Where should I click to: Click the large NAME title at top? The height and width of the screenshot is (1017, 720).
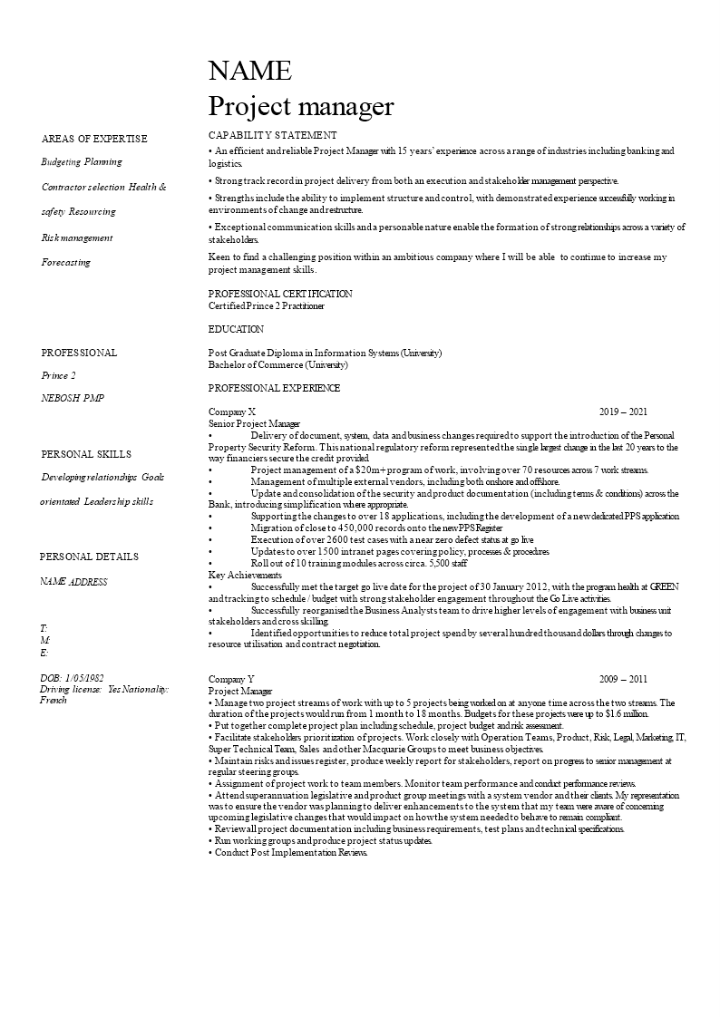pos(250,71)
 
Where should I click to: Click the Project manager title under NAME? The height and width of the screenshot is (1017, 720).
pos(301,107)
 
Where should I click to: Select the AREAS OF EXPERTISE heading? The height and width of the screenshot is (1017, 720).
pos(94,139)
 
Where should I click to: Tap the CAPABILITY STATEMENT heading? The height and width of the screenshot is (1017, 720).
pos(273,135)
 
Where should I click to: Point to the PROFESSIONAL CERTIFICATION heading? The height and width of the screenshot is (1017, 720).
pos(280,294)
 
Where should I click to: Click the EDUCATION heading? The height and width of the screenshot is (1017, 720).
pos(236,329)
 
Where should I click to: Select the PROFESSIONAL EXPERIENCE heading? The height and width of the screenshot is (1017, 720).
pos(274,388)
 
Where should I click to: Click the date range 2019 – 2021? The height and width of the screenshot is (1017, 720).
pos(623,412)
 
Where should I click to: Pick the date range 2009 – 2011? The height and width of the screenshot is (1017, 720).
pos(623,679)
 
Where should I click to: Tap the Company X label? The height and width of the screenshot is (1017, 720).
pos(232,412)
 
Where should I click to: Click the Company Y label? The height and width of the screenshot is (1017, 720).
pos(232,679)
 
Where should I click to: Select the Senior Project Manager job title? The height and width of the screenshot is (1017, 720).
pos(254,423)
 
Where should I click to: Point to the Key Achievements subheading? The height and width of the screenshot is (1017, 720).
pos(245,576)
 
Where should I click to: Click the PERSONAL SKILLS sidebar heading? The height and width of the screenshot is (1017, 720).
pos(86,454)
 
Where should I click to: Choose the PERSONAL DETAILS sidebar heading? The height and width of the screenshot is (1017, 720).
pos(89,557)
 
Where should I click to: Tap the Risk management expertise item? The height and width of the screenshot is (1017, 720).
pos(77,237)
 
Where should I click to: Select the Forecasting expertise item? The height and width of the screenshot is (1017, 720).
pos(66,262)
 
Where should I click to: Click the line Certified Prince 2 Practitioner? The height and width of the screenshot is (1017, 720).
pos(267,306)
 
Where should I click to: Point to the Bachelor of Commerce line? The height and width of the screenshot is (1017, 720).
pos(277,365)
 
